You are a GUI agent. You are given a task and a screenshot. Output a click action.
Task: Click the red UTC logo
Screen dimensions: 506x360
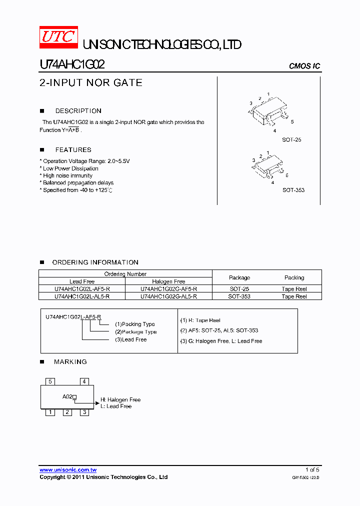(59, 37)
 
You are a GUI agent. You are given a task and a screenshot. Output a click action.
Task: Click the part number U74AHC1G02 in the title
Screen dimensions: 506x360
(72, 65)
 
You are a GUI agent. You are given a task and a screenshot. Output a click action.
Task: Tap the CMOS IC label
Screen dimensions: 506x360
(304, 66)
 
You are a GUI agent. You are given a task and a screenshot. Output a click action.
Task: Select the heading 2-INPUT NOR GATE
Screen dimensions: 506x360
(91, 83)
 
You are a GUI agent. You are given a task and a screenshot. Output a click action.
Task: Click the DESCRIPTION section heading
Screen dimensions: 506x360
(78, 111)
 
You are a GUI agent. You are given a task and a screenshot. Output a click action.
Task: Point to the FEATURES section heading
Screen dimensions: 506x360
(73, 150)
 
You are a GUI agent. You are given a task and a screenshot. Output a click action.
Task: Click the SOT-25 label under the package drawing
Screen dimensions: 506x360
(291, 140)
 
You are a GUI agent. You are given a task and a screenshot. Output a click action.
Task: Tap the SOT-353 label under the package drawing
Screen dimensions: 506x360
(293, 190)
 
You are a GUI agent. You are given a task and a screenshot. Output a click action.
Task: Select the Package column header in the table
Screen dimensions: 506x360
(239, 277)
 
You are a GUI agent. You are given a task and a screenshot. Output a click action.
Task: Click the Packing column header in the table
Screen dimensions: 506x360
(294, 277)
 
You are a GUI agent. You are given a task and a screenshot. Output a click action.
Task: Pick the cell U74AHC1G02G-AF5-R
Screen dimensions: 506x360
(168, 289)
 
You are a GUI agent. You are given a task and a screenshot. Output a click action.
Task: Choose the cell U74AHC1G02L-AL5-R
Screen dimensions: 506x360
(82, 296)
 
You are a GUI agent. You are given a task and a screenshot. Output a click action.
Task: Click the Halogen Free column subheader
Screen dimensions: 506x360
(168, 281)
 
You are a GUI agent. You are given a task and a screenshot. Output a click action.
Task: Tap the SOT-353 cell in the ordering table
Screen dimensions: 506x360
(239, 296)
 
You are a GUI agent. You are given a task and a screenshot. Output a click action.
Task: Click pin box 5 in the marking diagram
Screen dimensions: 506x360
(50, 381)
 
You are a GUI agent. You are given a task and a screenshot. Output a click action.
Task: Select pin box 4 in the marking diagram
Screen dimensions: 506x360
(84, 381)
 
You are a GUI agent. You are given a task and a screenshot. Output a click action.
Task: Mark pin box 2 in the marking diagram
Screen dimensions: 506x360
(67, 412)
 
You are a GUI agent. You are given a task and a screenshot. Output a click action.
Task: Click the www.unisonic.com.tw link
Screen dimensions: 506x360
(68, 470)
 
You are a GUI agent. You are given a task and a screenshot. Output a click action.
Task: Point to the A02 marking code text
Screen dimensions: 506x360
(67, 397)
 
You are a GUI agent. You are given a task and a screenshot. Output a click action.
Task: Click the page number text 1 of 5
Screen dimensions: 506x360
(312, 470)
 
